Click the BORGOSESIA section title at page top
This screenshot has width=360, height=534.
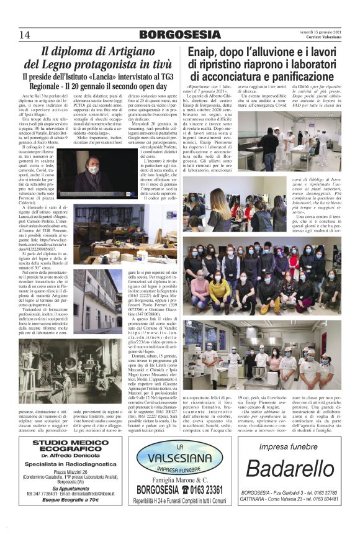[x=179, y=34]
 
